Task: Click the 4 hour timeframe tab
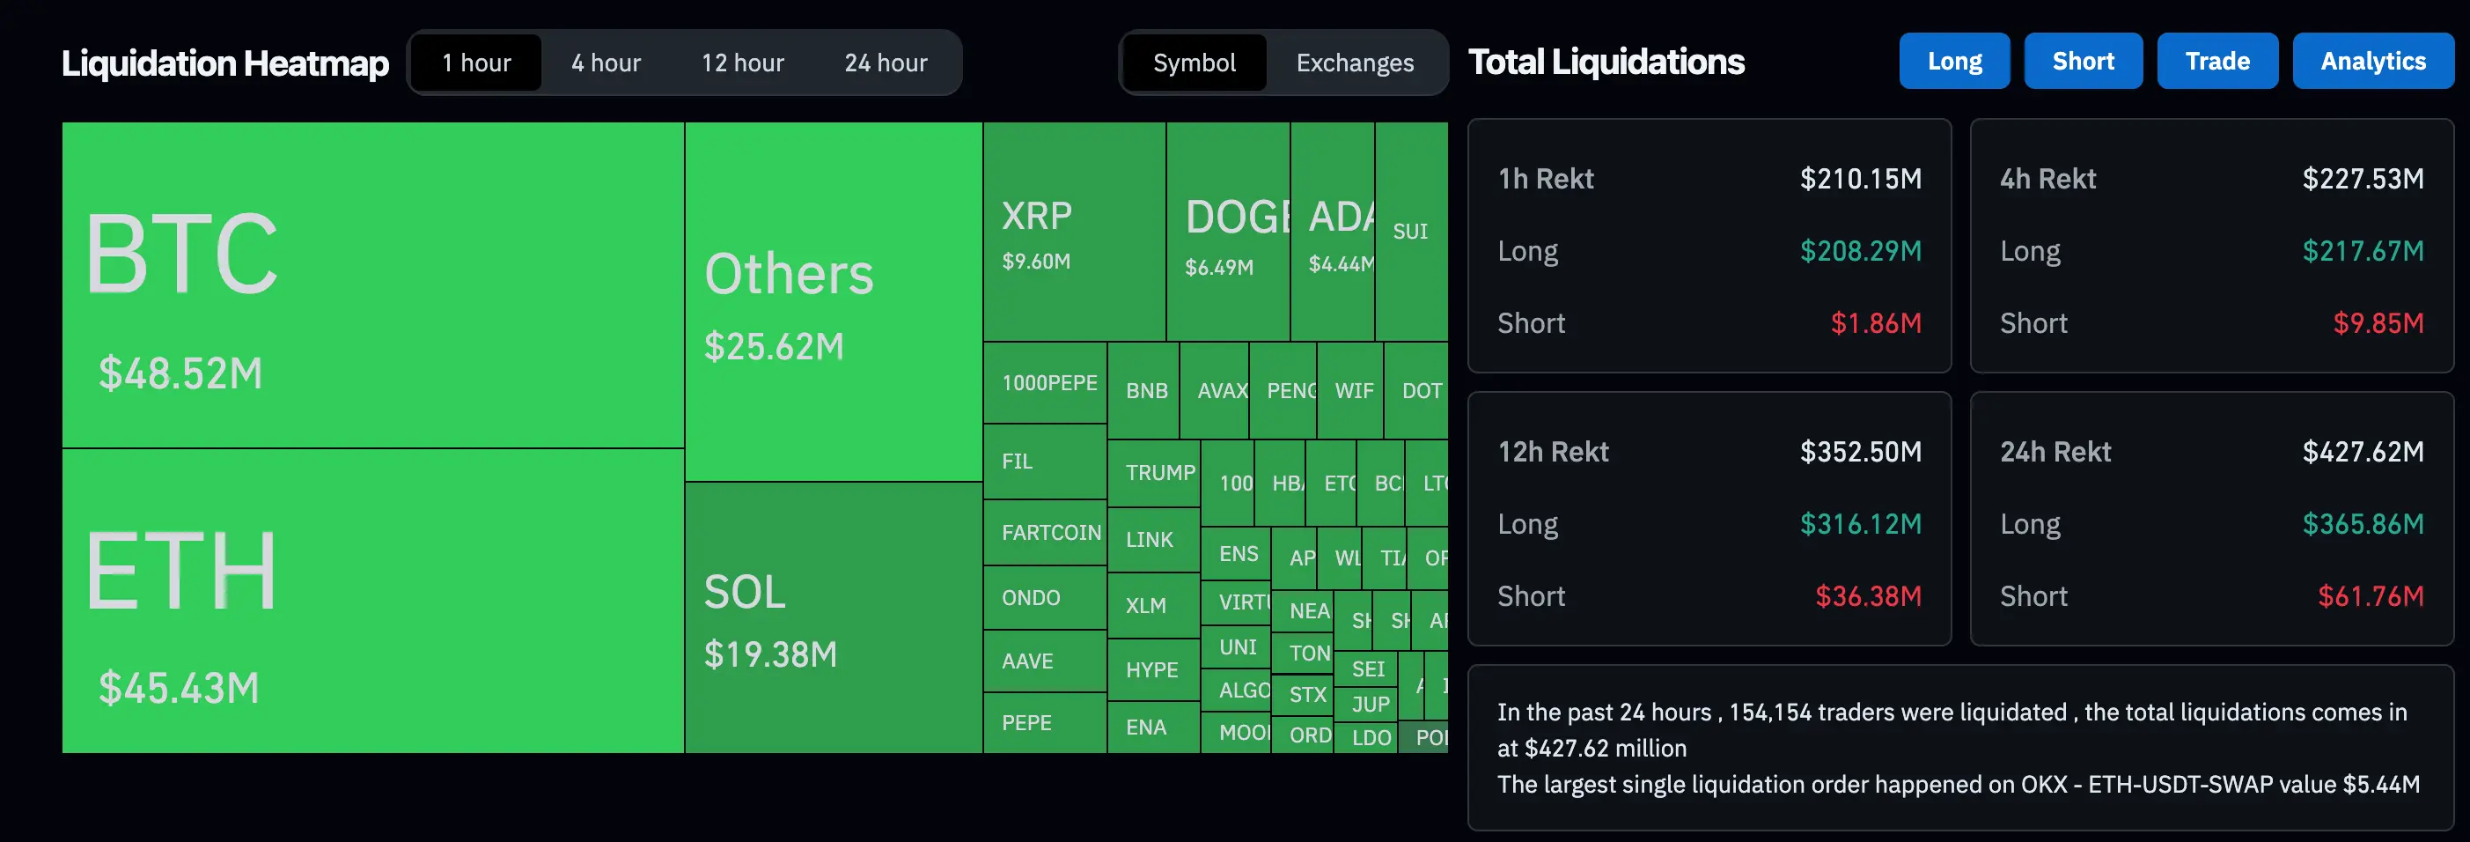pos(606,63)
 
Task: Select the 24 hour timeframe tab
pos(885,63)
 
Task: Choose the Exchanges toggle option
pos(1354,63)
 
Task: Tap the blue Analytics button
pos(2372,62)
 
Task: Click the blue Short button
pos(2083,62)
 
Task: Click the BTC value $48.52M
pos(180,373)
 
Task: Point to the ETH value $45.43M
pos(179,688)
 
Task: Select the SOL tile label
pos(744,592)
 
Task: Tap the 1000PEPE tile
pos(1049,384)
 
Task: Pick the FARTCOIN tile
pos(1050,532)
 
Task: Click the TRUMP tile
pos(1158,473)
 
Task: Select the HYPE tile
pos(1151,669)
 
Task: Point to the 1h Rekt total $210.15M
pos(1860,180)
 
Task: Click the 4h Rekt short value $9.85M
pos(2378,323)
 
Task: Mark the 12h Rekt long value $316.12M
pos(1860,525)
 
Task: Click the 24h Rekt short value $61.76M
pos(2371,596)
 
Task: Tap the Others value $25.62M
pos(774,346)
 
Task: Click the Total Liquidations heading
pos(1606,63)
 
